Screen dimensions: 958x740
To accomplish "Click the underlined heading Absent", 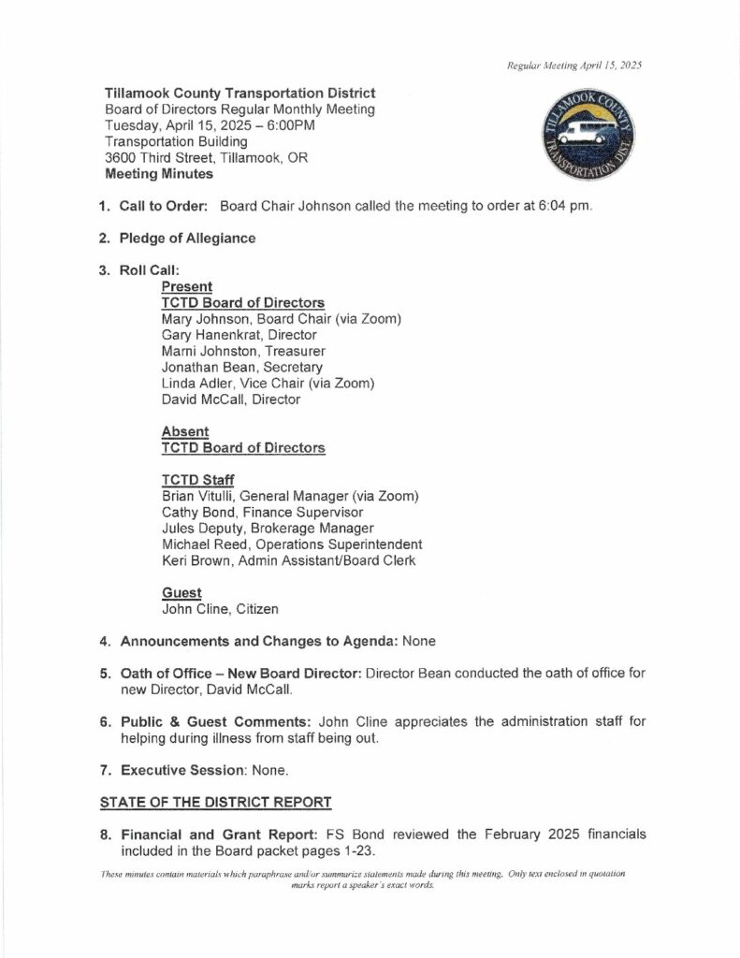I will point(185,431).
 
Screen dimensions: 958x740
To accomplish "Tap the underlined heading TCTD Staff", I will point(197,480).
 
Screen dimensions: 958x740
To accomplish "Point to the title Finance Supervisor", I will point(304,512).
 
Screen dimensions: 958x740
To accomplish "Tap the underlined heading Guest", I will point(181,593).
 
